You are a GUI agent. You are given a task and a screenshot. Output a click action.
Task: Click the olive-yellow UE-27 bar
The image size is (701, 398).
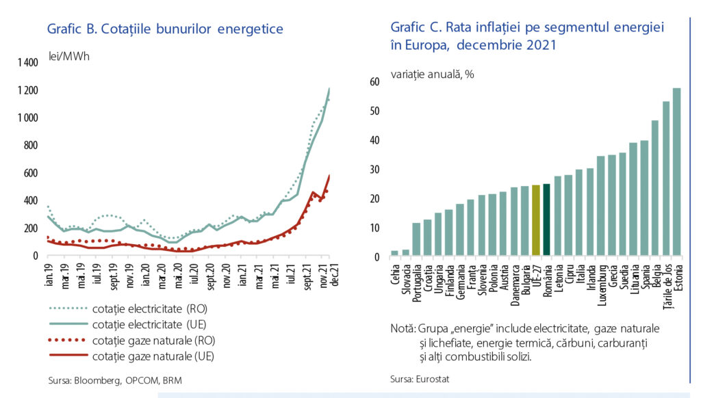pyautogui.click(x=535, y=220)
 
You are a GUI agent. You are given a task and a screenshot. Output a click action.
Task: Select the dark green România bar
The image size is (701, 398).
pyautogui.click(x=546, y=220)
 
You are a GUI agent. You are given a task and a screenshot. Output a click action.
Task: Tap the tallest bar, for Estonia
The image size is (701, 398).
pyautogui.click(x=677, y=172)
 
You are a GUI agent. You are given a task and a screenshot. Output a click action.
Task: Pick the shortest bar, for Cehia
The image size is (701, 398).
pyautogui.click(x=394, y=253)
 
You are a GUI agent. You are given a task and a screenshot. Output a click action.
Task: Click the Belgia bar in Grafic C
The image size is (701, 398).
pyautogui.click(x=655, y=188)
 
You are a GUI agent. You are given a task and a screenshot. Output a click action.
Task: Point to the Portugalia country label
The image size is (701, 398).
pyautogui.click(x=417, y=282)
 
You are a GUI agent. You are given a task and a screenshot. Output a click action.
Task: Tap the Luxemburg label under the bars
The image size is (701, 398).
pyautogui.click(x=602, y=285)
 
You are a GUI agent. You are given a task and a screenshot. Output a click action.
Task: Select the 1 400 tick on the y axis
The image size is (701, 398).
pyautogui.click(x=27, y=62)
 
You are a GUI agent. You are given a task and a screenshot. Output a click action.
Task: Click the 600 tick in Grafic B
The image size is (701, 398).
pyautogui.click(x=31, y=173)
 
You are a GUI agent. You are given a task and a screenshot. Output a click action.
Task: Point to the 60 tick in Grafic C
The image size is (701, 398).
pyautogui.click(x=374, y=82)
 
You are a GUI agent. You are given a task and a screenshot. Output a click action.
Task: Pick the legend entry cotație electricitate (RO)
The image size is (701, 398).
pyautogui.click(x=128, y=308)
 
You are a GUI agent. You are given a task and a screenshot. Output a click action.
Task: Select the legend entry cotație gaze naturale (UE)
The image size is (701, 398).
pyautogui.click(x=131, y=356)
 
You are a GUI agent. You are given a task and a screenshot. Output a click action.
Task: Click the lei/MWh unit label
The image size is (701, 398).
pyautogui.click(x=69, y=57)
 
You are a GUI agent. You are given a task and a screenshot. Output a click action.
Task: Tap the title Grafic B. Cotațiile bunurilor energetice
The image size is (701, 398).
pyautogui.click(x=165, y=29)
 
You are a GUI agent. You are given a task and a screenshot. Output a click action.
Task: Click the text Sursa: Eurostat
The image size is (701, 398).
pyautogui.click(x=420, y=380)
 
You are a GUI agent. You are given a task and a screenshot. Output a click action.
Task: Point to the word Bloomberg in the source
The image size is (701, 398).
pyautogui.click(x=97, y=381)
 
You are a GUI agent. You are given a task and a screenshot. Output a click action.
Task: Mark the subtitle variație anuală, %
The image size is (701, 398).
pyautogui.click(x=433, y=74)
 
